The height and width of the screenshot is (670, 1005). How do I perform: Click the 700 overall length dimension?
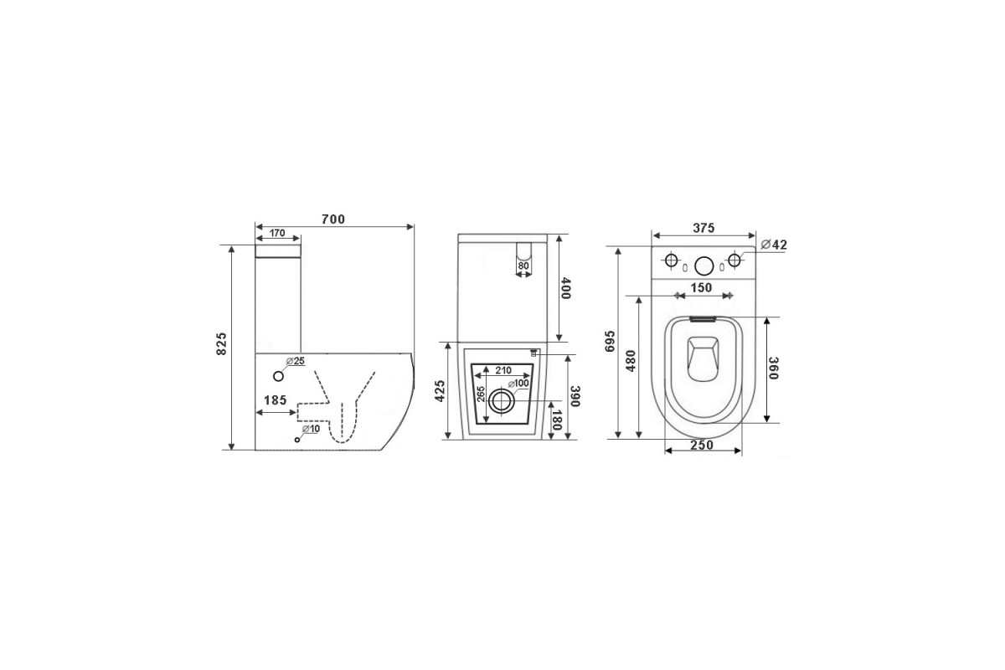coord(333,219)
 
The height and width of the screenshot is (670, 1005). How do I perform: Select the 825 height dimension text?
coord(222,343)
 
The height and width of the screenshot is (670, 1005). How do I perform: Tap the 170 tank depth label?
coord(277,233)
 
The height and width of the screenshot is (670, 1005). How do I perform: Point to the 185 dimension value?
coord(275,399)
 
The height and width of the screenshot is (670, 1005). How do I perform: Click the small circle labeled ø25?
coord(279,376)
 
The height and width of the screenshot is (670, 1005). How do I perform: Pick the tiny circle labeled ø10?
coord(297,440)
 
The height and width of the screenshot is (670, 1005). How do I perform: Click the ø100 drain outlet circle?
coord(501,400)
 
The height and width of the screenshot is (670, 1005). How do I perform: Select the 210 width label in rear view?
coord(503,370)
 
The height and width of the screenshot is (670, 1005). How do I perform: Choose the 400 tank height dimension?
coord(566,289)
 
